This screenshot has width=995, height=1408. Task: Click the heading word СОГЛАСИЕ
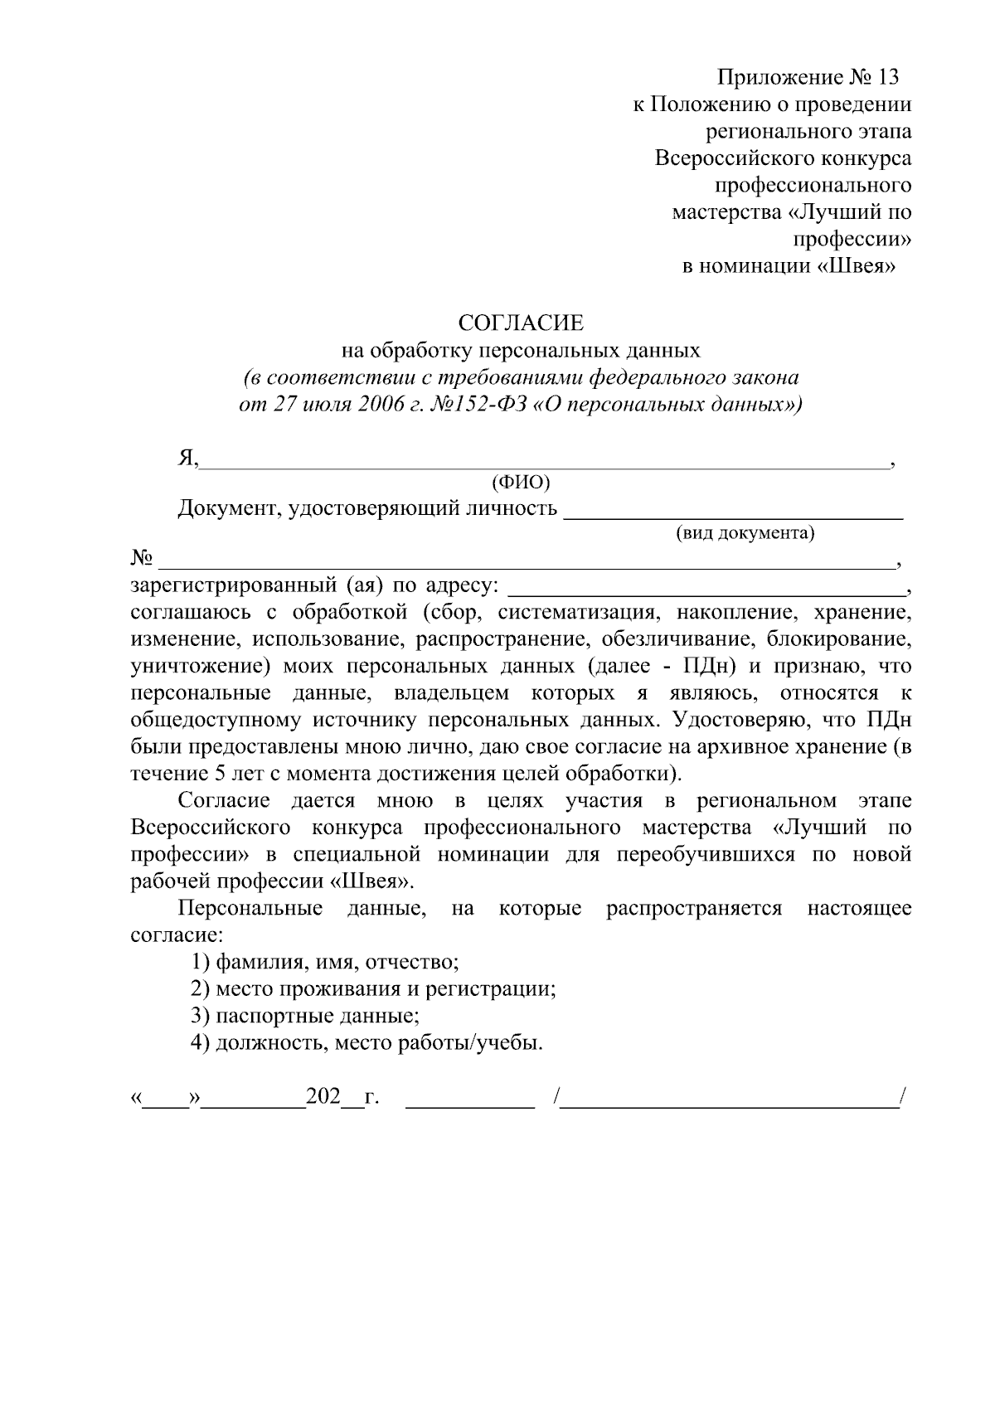point(522,323)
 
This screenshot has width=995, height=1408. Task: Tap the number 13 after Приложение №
point(886,78)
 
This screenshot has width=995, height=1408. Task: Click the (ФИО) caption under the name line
point(521,483)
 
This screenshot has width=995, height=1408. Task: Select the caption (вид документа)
point(745,533)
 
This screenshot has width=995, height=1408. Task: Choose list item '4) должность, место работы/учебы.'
point(366,1042)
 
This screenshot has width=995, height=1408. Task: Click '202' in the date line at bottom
point(323,1096)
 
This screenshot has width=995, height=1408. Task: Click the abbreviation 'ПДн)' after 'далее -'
point(715,666)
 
